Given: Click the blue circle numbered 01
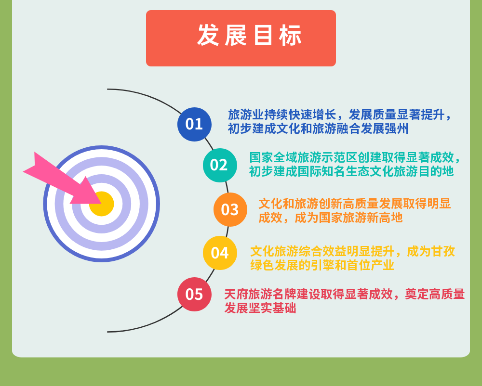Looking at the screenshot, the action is coord(194,124).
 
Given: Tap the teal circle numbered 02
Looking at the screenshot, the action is coord(220,165).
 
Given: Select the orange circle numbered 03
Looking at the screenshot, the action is coord(230,209).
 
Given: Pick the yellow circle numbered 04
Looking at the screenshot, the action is coord(220,253).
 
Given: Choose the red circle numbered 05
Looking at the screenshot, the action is coord(194,294).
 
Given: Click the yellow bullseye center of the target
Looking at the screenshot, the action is coord(102,204).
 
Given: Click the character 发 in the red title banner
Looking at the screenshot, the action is coord(208,35).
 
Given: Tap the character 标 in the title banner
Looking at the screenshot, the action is coord(290,35).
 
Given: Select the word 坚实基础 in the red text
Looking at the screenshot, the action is coord(272,308).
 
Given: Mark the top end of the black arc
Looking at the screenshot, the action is coord(107,90).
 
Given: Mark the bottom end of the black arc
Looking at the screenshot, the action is coord(107,332).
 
